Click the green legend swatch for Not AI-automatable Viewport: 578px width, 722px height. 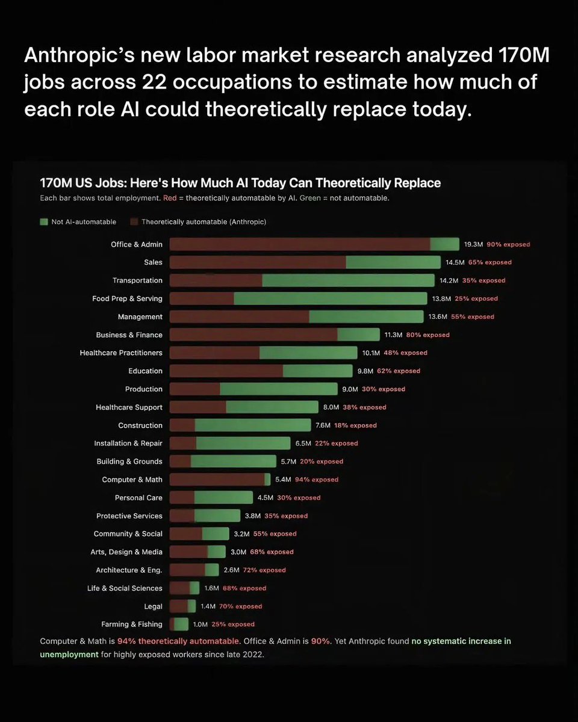[x=44, y=222]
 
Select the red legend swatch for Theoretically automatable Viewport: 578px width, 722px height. [x=134, y=222]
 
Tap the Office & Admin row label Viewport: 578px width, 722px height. [x=137, y=244]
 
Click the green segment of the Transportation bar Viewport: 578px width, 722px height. [x=348, y=280]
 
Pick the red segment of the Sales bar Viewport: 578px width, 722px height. [x=258, y=262]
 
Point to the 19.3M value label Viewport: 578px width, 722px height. [x=473, y=244]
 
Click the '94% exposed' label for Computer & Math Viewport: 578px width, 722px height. [x=317, y=480]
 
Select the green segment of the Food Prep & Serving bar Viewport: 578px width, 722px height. [x=331, y=298]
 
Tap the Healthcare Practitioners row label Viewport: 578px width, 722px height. [x=121, y=353]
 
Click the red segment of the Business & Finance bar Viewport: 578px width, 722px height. [x=253, y=335]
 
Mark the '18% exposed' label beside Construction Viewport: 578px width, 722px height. [x=355, y=425]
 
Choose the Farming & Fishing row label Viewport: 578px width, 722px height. [x=132, y=625]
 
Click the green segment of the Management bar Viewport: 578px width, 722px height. [x=366, y=316]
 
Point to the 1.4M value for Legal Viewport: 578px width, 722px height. [x=208, y=606]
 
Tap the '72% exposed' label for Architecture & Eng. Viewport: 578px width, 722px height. [x=265, y=570]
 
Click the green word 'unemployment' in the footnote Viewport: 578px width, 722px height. [x=69, y=654]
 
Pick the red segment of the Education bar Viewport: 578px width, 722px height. [x=226, y=371]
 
